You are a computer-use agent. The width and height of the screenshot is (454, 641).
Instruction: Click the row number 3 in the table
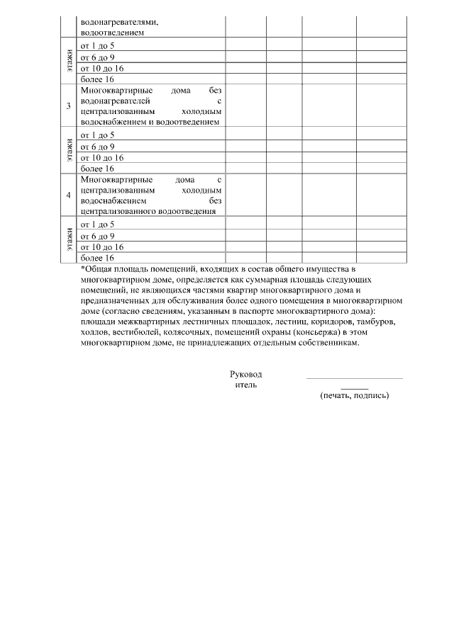(69, 106)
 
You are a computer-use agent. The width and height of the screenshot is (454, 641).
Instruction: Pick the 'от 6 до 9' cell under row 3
(98, 147)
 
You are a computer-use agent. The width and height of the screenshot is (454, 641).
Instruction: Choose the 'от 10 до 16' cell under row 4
(102, 247)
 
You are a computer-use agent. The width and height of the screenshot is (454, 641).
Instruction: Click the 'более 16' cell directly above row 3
(97, 79)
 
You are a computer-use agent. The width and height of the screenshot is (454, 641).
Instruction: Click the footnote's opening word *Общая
(97, 270)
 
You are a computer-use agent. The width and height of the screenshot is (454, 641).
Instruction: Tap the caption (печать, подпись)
(355, 395)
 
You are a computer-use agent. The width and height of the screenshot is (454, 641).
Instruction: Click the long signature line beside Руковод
(354, 378)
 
